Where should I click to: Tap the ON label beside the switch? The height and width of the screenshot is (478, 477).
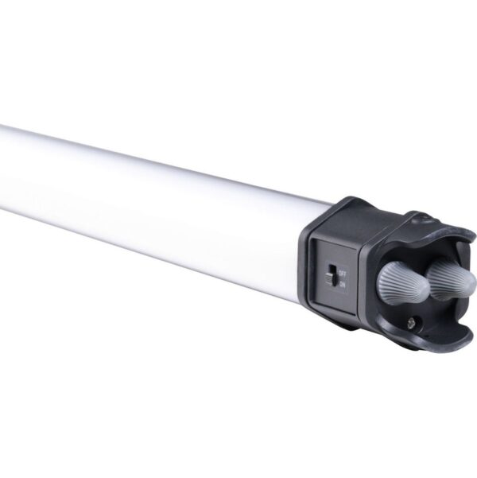point(343,285)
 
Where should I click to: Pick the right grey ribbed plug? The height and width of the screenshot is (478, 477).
point(451,279)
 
